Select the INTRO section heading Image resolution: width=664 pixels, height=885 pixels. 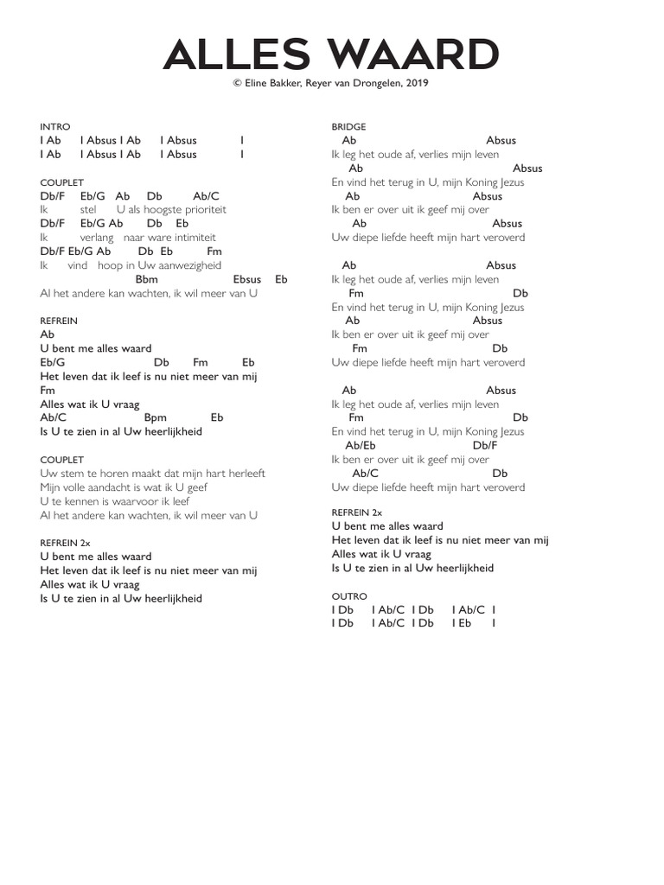point(55,126)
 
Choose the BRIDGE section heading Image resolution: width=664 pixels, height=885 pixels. point(348,126)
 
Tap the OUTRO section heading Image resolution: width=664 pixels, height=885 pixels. point(349,596)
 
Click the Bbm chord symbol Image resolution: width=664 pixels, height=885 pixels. point(147,279)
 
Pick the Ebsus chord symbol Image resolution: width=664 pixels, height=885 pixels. point(247,279)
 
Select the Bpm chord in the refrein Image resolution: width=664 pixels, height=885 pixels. point(156,417)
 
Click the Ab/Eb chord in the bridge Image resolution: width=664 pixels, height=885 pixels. point(361,446)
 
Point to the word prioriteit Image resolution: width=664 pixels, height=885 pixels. point(200,210)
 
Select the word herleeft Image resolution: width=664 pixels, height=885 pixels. point(246,474)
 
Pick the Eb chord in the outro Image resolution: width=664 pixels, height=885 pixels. point(464,623)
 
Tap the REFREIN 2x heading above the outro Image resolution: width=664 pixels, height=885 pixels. point(356,513)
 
